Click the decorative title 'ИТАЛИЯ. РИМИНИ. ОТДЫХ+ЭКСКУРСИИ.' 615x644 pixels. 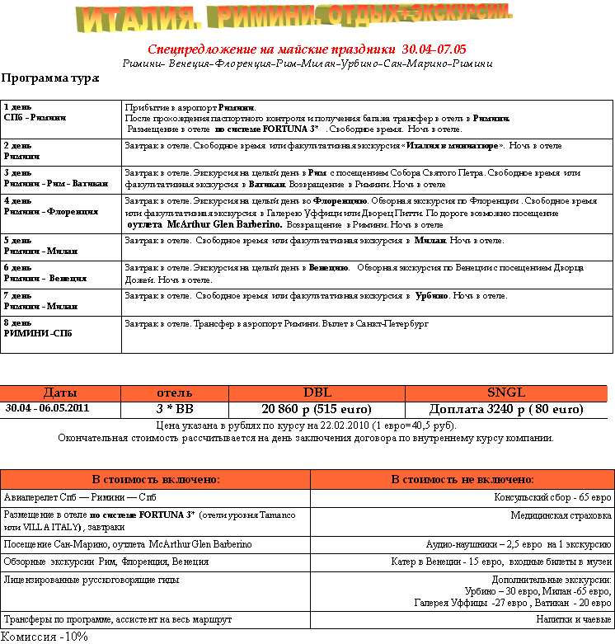295,18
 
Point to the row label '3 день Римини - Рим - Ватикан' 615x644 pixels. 56,178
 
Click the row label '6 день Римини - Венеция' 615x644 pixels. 45,273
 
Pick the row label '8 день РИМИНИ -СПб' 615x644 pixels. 38,328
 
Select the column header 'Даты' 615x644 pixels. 60,393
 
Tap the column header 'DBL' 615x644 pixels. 317,393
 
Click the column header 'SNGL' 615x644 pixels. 506,393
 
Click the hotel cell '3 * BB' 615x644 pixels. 174,409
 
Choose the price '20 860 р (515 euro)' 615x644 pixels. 317,409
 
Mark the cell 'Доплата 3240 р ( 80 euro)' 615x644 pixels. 506,409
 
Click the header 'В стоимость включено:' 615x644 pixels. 155,479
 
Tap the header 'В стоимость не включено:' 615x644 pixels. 462,479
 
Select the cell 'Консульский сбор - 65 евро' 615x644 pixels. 552,498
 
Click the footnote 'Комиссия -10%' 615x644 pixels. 45,637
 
